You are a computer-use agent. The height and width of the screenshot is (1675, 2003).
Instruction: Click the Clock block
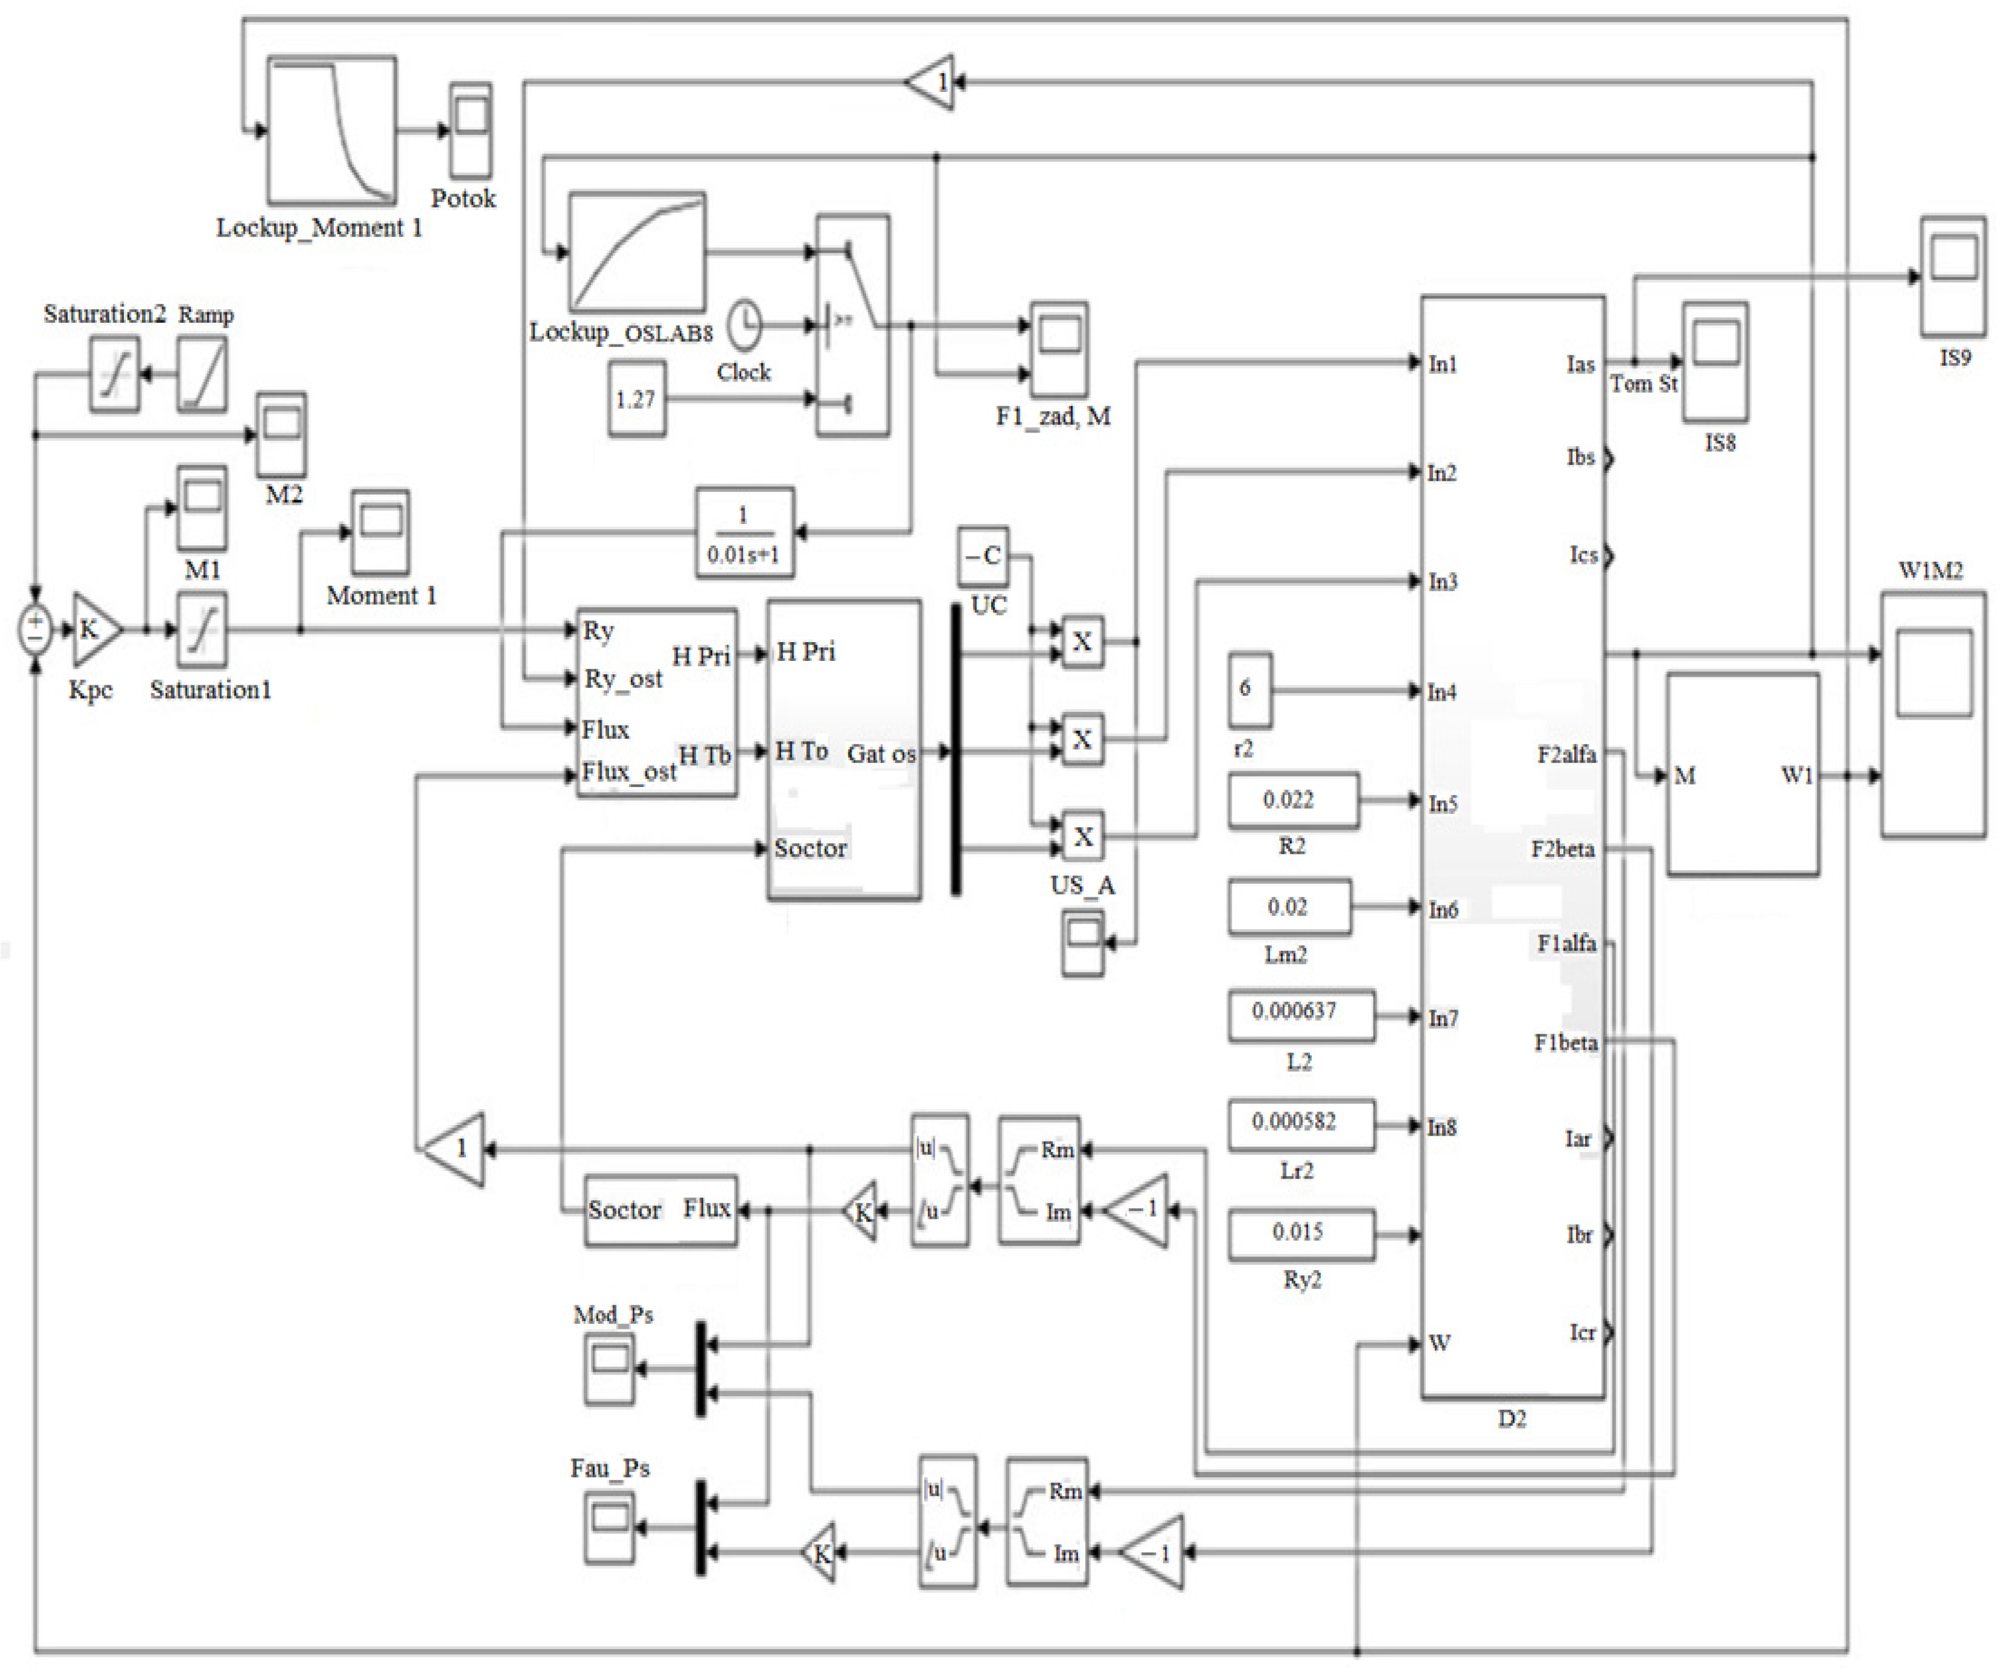point(745,325)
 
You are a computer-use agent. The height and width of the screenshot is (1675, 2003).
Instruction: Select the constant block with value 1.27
point(636,399)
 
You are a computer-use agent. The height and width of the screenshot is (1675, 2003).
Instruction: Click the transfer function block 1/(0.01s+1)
point(744,533)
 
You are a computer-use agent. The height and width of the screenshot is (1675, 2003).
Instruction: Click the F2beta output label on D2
point(1562,849)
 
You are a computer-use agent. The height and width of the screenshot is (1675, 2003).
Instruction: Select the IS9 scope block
point(1953,276)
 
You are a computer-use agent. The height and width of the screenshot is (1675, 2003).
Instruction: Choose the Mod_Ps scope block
point(609,1369)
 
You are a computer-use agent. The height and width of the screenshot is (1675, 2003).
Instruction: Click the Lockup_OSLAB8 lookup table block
point(637,252)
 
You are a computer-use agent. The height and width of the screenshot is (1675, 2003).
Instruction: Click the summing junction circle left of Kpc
point(35,630)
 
